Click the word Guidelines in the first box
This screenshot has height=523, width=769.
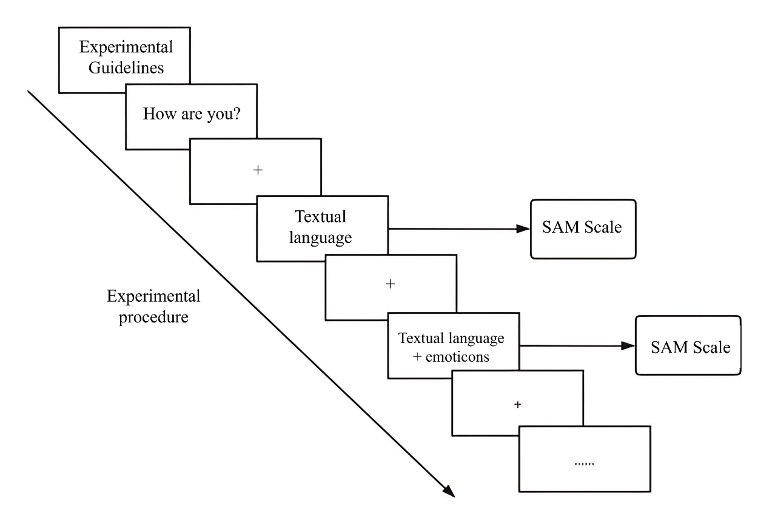tap(126, 68)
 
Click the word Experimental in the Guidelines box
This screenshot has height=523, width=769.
tap(126, 47)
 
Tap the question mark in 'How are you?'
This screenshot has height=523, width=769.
tap(237, 113)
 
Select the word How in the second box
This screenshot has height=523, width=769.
tap(154, 113)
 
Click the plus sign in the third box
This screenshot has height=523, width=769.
tap(258, 170)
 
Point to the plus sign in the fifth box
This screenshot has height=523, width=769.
tap(390, 284)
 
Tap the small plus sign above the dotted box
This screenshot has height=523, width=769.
tap(518, 404)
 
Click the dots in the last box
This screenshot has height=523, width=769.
tap(584, 464)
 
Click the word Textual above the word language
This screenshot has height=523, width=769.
tap(320, 217)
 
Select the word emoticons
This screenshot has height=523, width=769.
tap(457, 357)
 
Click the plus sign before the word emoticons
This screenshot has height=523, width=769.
tap(417, 357)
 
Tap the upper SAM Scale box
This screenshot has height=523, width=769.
tap(583, 229)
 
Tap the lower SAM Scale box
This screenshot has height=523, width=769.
tap(688, 346)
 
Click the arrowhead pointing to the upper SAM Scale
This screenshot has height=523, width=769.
tap(523, 229)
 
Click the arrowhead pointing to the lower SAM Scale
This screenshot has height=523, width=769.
tap(627, 346)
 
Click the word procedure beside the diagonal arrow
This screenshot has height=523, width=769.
tap(154, 317)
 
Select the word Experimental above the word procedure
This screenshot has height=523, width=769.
tap(154, 296)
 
